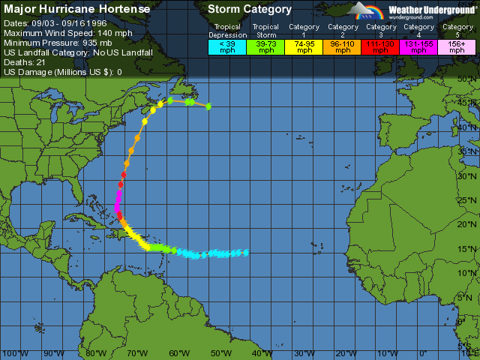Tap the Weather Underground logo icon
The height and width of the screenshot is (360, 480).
coord(365,10)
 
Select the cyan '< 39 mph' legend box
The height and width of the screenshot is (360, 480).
coord(227,46)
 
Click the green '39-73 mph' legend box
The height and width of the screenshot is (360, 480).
coord(265,46)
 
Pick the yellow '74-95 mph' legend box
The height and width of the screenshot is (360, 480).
coord(304,46)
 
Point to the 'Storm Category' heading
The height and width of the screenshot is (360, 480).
coord(249,10)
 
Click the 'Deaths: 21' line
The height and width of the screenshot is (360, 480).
coord(25,62)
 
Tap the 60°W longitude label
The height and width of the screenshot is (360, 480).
coord(179,352)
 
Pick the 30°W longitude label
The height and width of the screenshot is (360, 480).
coord(304,352)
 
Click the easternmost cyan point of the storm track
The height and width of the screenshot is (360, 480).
coord(246,252)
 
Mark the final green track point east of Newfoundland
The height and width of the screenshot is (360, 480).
coord(208,106)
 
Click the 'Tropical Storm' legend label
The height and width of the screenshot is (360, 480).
coord(265,31)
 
